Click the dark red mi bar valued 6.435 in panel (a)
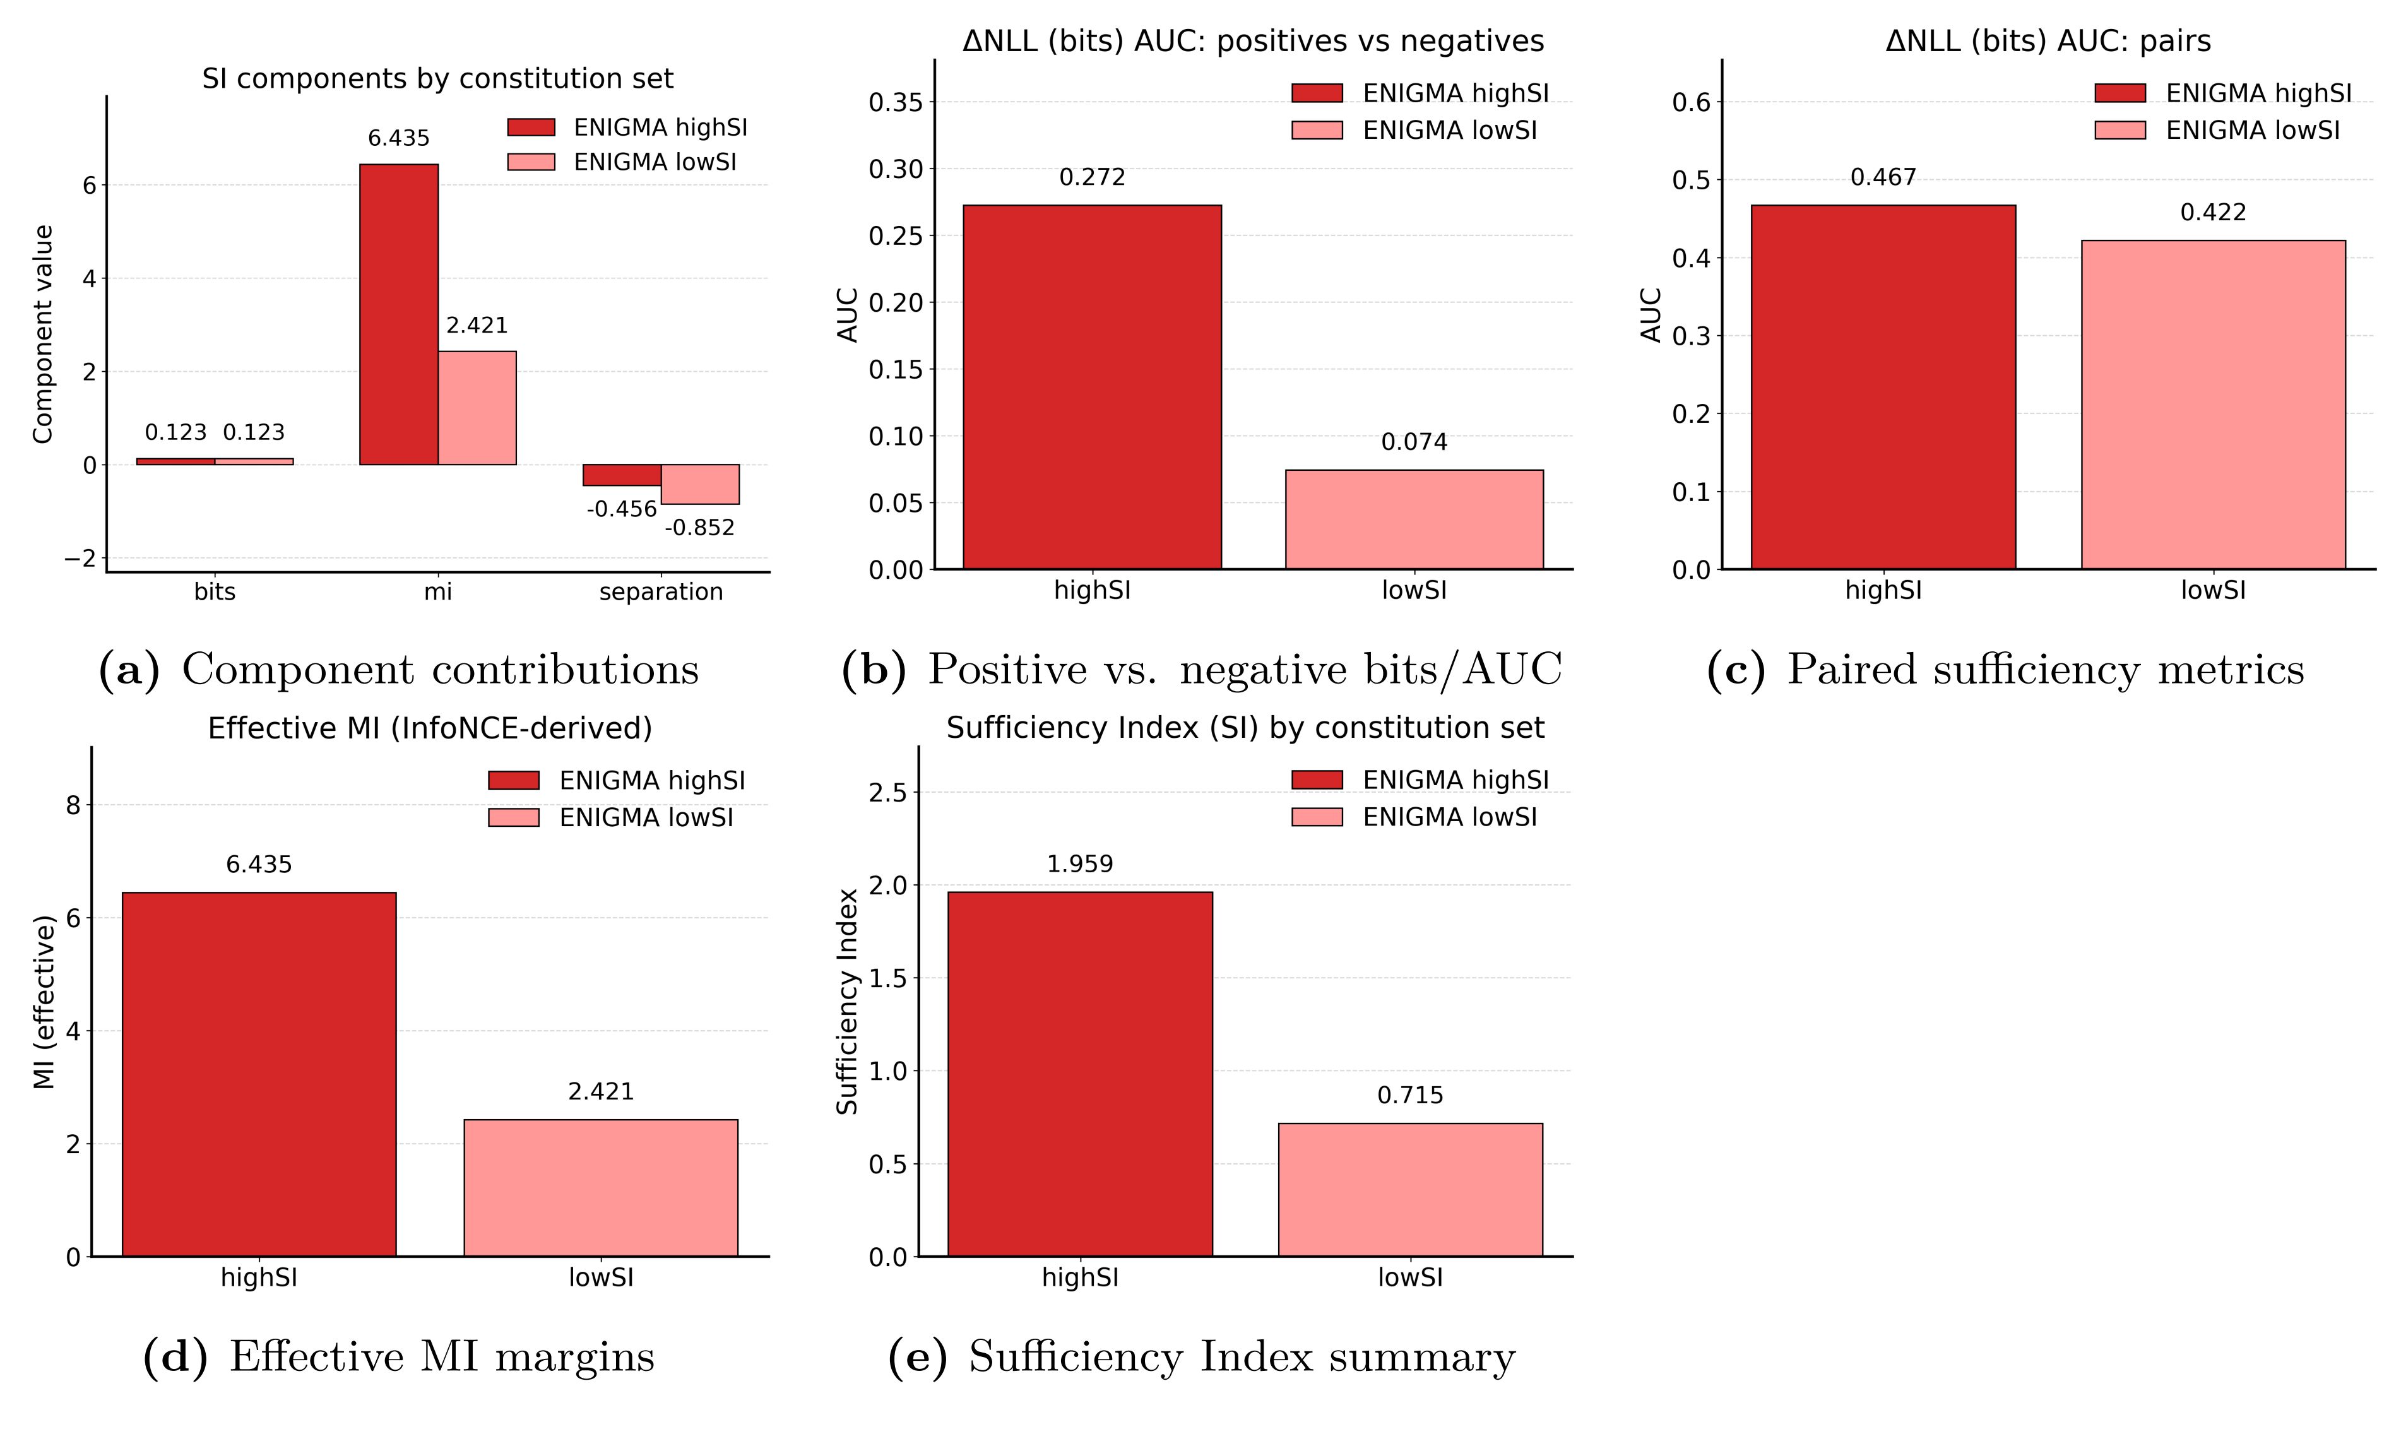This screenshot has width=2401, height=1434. (398, 314)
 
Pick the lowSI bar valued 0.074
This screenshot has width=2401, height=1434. (1414, 520)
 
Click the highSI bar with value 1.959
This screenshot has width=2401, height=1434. (1079, 1074)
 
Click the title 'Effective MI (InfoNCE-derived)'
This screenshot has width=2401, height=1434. (430, 728)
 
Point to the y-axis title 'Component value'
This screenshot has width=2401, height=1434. (42, 335)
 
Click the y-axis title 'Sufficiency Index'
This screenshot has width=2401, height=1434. (847, 1001)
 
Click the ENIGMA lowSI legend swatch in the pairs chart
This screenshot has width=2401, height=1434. (2120, 131)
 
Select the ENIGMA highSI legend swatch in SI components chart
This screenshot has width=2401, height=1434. (531, 127)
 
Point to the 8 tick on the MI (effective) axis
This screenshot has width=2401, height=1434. (73, 805)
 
